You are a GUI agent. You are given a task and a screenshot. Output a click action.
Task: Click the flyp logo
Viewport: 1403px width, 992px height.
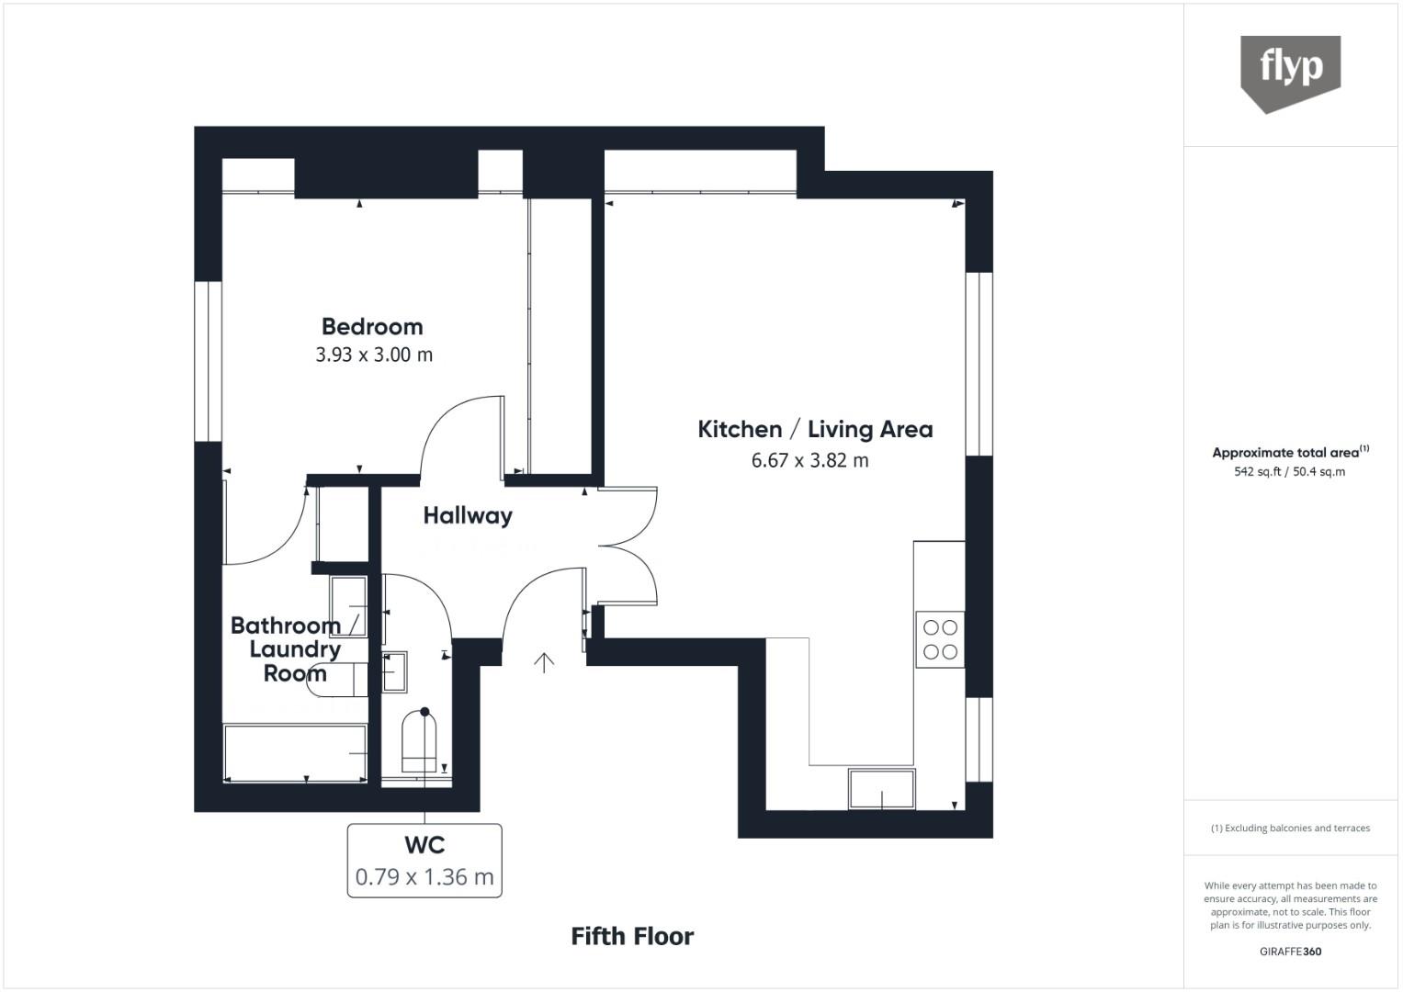point(1290,73)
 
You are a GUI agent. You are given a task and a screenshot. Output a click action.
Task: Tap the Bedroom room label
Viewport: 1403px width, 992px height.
point(372,326)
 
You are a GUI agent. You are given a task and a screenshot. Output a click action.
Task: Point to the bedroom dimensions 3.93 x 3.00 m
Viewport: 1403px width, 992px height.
point(374,355)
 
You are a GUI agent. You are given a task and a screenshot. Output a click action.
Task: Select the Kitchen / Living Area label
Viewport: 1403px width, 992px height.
point(815,429)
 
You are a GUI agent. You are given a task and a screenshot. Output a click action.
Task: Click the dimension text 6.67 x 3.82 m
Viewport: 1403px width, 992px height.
point(809,460)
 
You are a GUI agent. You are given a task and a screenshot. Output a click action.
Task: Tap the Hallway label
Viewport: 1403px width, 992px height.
point(468,516)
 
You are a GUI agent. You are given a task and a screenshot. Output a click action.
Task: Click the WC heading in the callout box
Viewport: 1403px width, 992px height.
point(424,845)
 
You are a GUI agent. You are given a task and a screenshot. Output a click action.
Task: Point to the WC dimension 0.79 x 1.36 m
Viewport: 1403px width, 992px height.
point(424,877)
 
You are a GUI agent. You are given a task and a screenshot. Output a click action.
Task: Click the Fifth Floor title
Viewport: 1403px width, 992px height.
point(632,937)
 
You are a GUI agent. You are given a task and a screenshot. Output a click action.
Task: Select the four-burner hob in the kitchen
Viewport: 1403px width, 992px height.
point(940,639)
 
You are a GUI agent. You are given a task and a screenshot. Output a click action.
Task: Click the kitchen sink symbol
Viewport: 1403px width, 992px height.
point(882,789)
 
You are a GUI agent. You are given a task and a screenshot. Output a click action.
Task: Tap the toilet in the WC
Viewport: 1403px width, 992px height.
point(419,741)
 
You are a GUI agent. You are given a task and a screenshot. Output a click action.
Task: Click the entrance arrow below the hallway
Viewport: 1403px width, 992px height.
point(544,663)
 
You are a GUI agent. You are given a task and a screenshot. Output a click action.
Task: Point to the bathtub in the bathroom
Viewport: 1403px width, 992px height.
point(295,753)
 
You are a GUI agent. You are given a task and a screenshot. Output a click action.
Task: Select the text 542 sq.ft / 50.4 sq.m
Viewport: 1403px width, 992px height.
point(1290,471)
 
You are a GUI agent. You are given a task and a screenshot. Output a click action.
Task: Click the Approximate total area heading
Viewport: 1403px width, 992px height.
point(1290,452)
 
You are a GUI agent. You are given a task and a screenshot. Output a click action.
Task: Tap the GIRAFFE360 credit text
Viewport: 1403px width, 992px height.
point(1290,952)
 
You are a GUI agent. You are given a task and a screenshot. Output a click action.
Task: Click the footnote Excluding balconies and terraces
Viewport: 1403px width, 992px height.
point(1290,828)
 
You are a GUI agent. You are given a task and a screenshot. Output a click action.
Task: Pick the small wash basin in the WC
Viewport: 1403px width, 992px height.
point(394,672)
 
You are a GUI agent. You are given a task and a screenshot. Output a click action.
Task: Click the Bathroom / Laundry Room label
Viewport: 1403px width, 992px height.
point(294,649)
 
